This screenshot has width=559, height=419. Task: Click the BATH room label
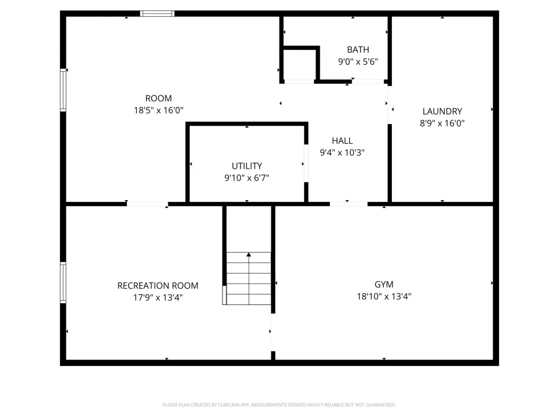coord(358,49)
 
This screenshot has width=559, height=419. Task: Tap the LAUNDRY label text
coord(442,111)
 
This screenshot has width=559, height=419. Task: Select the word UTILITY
coord(247,166)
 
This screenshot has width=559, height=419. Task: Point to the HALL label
coord(342,141)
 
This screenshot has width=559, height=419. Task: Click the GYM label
coord(384,285)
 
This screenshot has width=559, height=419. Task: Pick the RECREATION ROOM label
coord(158,285)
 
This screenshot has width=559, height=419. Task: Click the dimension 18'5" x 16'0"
coord(158,110)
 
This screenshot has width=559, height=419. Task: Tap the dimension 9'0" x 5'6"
coord(358,61)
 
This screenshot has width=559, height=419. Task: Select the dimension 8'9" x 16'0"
coord(442,123)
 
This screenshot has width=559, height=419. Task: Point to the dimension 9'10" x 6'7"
coord(247,177)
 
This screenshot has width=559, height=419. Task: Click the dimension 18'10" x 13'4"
coord(384,296)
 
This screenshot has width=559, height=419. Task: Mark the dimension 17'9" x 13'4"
coord(158,297)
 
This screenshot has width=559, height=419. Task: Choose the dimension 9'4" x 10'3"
coord(342,152)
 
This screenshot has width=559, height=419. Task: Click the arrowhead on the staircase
coord(249,254)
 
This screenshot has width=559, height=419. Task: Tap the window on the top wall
coord(157,13)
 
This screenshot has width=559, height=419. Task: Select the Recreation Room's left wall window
coord(63,283)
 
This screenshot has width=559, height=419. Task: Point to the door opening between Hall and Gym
coord(349,204)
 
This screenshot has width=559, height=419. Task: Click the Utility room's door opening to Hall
coord(306,163)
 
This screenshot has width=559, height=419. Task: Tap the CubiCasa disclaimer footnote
coord(279,405)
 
